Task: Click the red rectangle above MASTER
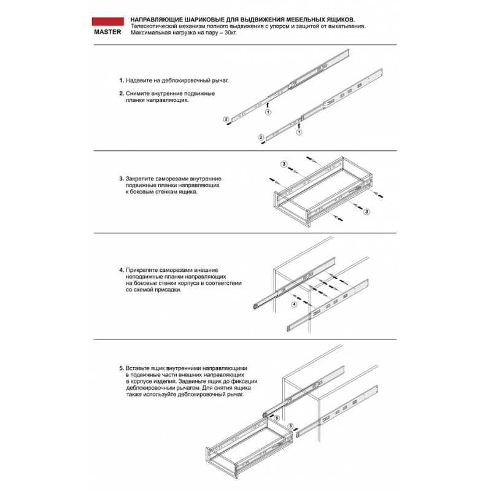point(107,21)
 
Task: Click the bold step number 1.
point(121,80)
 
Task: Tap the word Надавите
point(139,80)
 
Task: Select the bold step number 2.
point(121,94)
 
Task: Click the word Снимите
point(137,94)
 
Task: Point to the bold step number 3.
point(121,179)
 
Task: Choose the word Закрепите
point(141,179)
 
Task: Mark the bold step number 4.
point(121,269)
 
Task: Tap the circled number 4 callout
point(294,304)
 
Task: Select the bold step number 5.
point(121,368)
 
